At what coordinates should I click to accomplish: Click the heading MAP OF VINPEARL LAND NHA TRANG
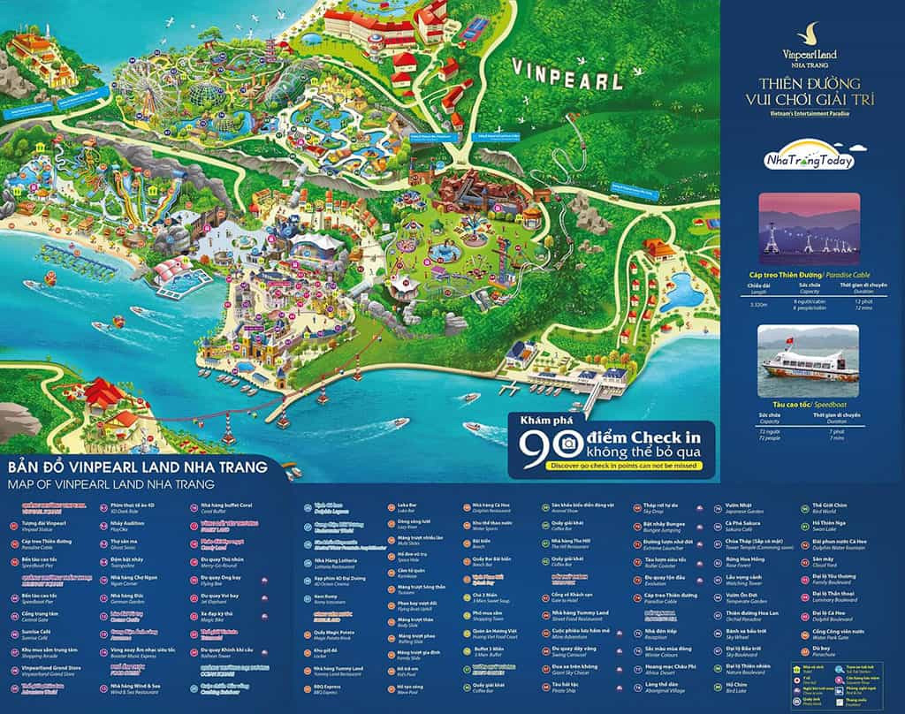tap(110, 484)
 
